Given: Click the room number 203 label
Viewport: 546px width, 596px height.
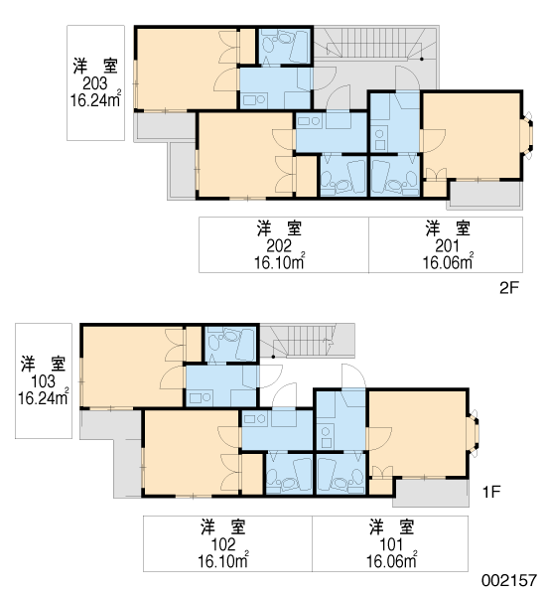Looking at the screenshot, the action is [x=95, y=83].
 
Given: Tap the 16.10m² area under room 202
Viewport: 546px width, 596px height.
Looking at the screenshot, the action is [x=279, y=261].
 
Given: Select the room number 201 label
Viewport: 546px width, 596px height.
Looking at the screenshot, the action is [x=448, y=246].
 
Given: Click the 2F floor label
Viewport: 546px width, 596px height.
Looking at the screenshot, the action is [x=508, y=288].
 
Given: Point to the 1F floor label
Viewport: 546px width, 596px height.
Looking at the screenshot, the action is [x=491, y=492].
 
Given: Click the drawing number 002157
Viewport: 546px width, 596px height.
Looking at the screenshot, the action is [x=508, y=580].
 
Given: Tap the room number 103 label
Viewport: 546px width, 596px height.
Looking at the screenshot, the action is [x=43, y=381].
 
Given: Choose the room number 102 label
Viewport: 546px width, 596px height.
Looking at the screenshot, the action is [x=223, y=544].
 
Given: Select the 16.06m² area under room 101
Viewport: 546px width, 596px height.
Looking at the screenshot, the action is [x=392, y=560].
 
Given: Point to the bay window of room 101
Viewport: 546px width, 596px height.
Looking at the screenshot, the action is [x=474, y=432].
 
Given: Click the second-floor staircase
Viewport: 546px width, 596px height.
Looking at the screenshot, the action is [x=376, y=43].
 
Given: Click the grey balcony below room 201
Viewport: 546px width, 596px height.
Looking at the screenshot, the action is [x=485, y=195].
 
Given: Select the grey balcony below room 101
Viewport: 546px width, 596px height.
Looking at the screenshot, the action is [x=432, y=493].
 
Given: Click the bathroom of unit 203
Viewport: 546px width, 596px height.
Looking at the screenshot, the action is [x=285, y=46].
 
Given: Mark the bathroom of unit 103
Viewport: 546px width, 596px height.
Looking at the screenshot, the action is [x=231, y=344].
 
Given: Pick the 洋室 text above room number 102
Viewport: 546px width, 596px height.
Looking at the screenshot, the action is [x=223, y=527].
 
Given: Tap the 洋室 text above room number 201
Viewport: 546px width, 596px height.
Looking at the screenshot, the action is [x=448, y=228].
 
